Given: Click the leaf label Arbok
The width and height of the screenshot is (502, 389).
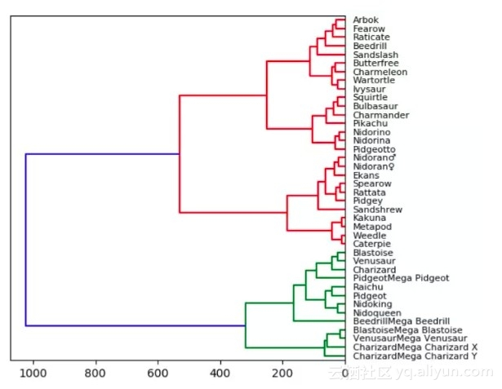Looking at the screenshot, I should [365, 20].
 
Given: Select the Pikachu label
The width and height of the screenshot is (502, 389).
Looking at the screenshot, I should [368, 123].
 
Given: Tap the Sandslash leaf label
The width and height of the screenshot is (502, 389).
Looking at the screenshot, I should [373, 54].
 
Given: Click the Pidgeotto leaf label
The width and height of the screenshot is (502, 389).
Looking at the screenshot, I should [374, 149].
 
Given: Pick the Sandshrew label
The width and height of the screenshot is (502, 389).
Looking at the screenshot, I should [375, 210].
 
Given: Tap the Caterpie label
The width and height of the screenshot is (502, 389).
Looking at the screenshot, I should [371, 244].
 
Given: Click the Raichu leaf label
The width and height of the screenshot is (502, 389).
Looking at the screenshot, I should [367, 287].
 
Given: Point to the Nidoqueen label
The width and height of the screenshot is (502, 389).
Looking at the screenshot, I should [375, 313].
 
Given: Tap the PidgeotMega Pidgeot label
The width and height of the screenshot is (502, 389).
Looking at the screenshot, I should [401, 278].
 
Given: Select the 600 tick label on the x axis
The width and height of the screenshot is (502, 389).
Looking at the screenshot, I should [158, 374].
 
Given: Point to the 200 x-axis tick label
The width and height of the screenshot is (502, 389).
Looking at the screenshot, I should [282, 374].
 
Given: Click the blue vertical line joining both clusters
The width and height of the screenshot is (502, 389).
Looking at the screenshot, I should [25, 240].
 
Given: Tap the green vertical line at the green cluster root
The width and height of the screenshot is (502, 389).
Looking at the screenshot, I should [246, 325].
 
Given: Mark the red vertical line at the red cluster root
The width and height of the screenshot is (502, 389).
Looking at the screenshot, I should [180, 154].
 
